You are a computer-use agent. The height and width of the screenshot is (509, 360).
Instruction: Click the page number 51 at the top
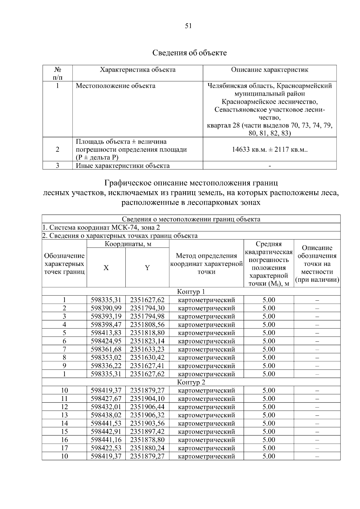point(188,26)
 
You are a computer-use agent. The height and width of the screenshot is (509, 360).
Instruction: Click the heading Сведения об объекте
point(190,53)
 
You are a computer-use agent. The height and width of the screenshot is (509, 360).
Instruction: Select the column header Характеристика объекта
point(137,70)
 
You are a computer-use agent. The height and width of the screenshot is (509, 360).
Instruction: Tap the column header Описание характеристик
point(269,70)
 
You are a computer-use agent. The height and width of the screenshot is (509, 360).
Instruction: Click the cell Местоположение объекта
point(115,86)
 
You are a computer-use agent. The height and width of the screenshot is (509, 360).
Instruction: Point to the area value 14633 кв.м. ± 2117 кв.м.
point(270,150)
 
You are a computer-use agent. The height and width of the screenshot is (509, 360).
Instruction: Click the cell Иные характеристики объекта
point(122,166)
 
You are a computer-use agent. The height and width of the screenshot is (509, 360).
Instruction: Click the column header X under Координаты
point(106,268)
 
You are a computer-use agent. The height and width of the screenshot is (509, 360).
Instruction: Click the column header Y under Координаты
point(147,268)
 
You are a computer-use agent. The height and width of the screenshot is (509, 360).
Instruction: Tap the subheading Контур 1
point(191,292)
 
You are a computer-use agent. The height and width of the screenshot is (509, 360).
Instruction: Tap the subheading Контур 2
point(191,382)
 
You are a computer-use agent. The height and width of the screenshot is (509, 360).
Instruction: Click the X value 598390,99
point(106,308)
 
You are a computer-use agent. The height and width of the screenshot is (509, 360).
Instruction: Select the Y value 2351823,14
point(147,341)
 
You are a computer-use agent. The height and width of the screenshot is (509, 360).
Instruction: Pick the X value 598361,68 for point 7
point(106,349)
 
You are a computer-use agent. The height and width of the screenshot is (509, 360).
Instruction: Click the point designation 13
point(64,415)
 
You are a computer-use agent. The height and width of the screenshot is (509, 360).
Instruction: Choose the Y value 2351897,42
point(147,432)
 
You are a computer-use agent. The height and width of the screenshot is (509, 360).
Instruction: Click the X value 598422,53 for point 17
point(106,448)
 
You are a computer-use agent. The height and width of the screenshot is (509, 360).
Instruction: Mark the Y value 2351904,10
point(147,399)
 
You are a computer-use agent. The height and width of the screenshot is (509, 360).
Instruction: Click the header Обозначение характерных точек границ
point(64,264)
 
